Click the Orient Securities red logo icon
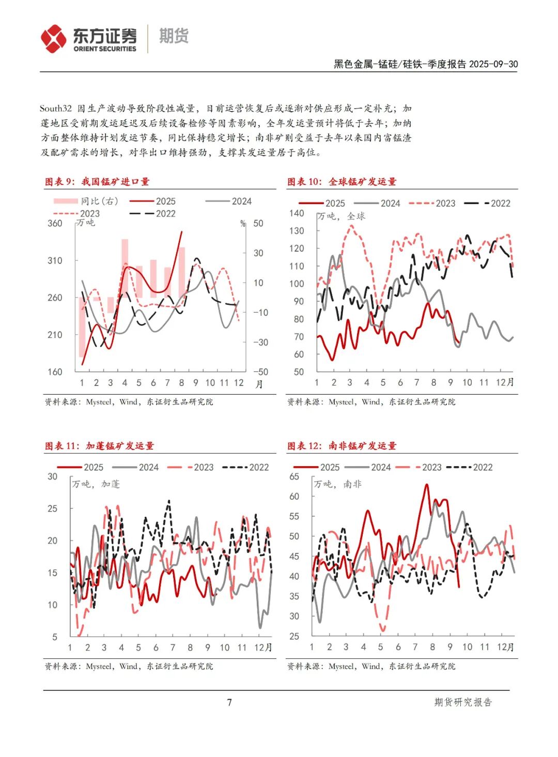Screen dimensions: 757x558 tap(54, 39)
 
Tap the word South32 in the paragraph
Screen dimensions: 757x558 tap(55, 109)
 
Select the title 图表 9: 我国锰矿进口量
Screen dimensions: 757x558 tap(97, 181)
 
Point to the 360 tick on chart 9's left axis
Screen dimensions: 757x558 tap(55, 223)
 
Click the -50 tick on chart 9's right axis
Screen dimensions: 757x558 tap(260, 372)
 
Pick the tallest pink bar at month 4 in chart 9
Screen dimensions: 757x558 tap(125, 269)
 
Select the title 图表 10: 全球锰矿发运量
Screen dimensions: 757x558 tap(342, 181)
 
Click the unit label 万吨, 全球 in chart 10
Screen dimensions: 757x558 tap(342, 216)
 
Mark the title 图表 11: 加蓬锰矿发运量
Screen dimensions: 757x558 tap(99, 445)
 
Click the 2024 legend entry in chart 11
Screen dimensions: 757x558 tap(136, 467)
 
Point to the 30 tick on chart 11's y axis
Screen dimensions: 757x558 tap(52, 476)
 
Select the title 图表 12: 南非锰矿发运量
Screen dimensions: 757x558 tap(342, 445)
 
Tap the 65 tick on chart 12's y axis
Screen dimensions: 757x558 tap(294, 476)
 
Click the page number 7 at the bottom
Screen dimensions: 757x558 tap(229, 702)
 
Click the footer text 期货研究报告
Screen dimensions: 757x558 tap(463, 702)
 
